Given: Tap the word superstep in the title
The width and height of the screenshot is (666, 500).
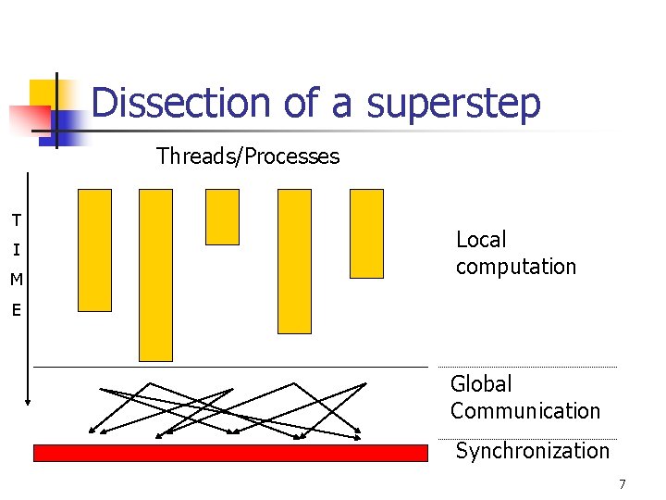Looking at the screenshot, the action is [453, 104].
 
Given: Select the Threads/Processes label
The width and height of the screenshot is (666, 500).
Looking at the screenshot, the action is [248, 156].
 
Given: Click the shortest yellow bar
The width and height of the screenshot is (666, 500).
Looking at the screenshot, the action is [222, 217].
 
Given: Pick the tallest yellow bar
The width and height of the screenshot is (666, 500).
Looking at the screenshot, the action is [155, 274].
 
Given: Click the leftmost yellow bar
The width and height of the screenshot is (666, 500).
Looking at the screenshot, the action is [94, 250].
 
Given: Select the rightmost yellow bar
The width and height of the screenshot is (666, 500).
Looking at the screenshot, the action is [366, 233].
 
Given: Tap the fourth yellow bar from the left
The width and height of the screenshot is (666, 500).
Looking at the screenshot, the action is [294, 260].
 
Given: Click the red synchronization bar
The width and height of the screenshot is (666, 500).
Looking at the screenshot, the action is [230, 453].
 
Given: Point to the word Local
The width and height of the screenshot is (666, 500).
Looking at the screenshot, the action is [481, 240].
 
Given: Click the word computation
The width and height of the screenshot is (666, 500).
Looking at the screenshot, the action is [515, 267].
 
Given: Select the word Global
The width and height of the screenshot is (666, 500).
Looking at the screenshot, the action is [480, 384].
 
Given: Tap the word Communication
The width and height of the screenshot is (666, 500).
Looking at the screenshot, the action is [524, 411].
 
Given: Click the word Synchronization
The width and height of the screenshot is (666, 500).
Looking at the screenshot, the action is [532, 451].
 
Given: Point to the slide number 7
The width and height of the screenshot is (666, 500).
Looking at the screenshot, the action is [623, 484].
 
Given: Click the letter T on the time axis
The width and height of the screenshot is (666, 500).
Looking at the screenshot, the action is [16, 220].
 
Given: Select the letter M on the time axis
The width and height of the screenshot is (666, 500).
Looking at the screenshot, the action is [16, 280].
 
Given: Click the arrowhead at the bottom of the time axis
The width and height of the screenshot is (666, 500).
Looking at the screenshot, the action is [29, 401].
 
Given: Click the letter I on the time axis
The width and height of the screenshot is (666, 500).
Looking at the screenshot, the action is [16, 250].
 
